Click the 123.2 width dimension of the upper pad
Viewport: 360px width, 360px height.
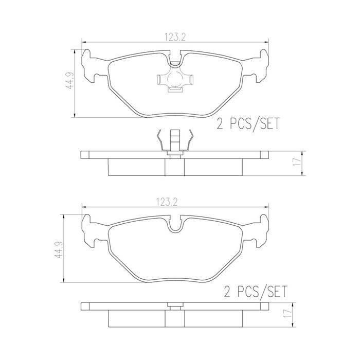click(x=175, y=37)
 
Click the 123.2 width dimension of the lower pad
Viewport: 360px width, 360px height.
click(x=167, y=202)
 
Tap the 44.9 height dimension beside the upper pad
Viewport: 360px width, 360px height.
click(x=69, y=81)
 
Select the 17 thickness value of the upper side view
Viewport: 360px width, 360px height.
click(x=298, y=162)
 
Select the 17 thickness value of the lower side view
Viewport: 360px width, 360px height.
click(x=287, y=313)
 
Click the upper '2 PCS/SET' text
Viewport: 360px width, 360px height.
click(x=248, y=123)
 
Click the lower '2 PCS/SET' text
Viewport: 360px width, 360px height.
click(x=255, y=292)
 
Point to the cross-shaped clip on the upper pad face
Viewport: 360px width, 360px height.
click(x=175, y=81)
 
